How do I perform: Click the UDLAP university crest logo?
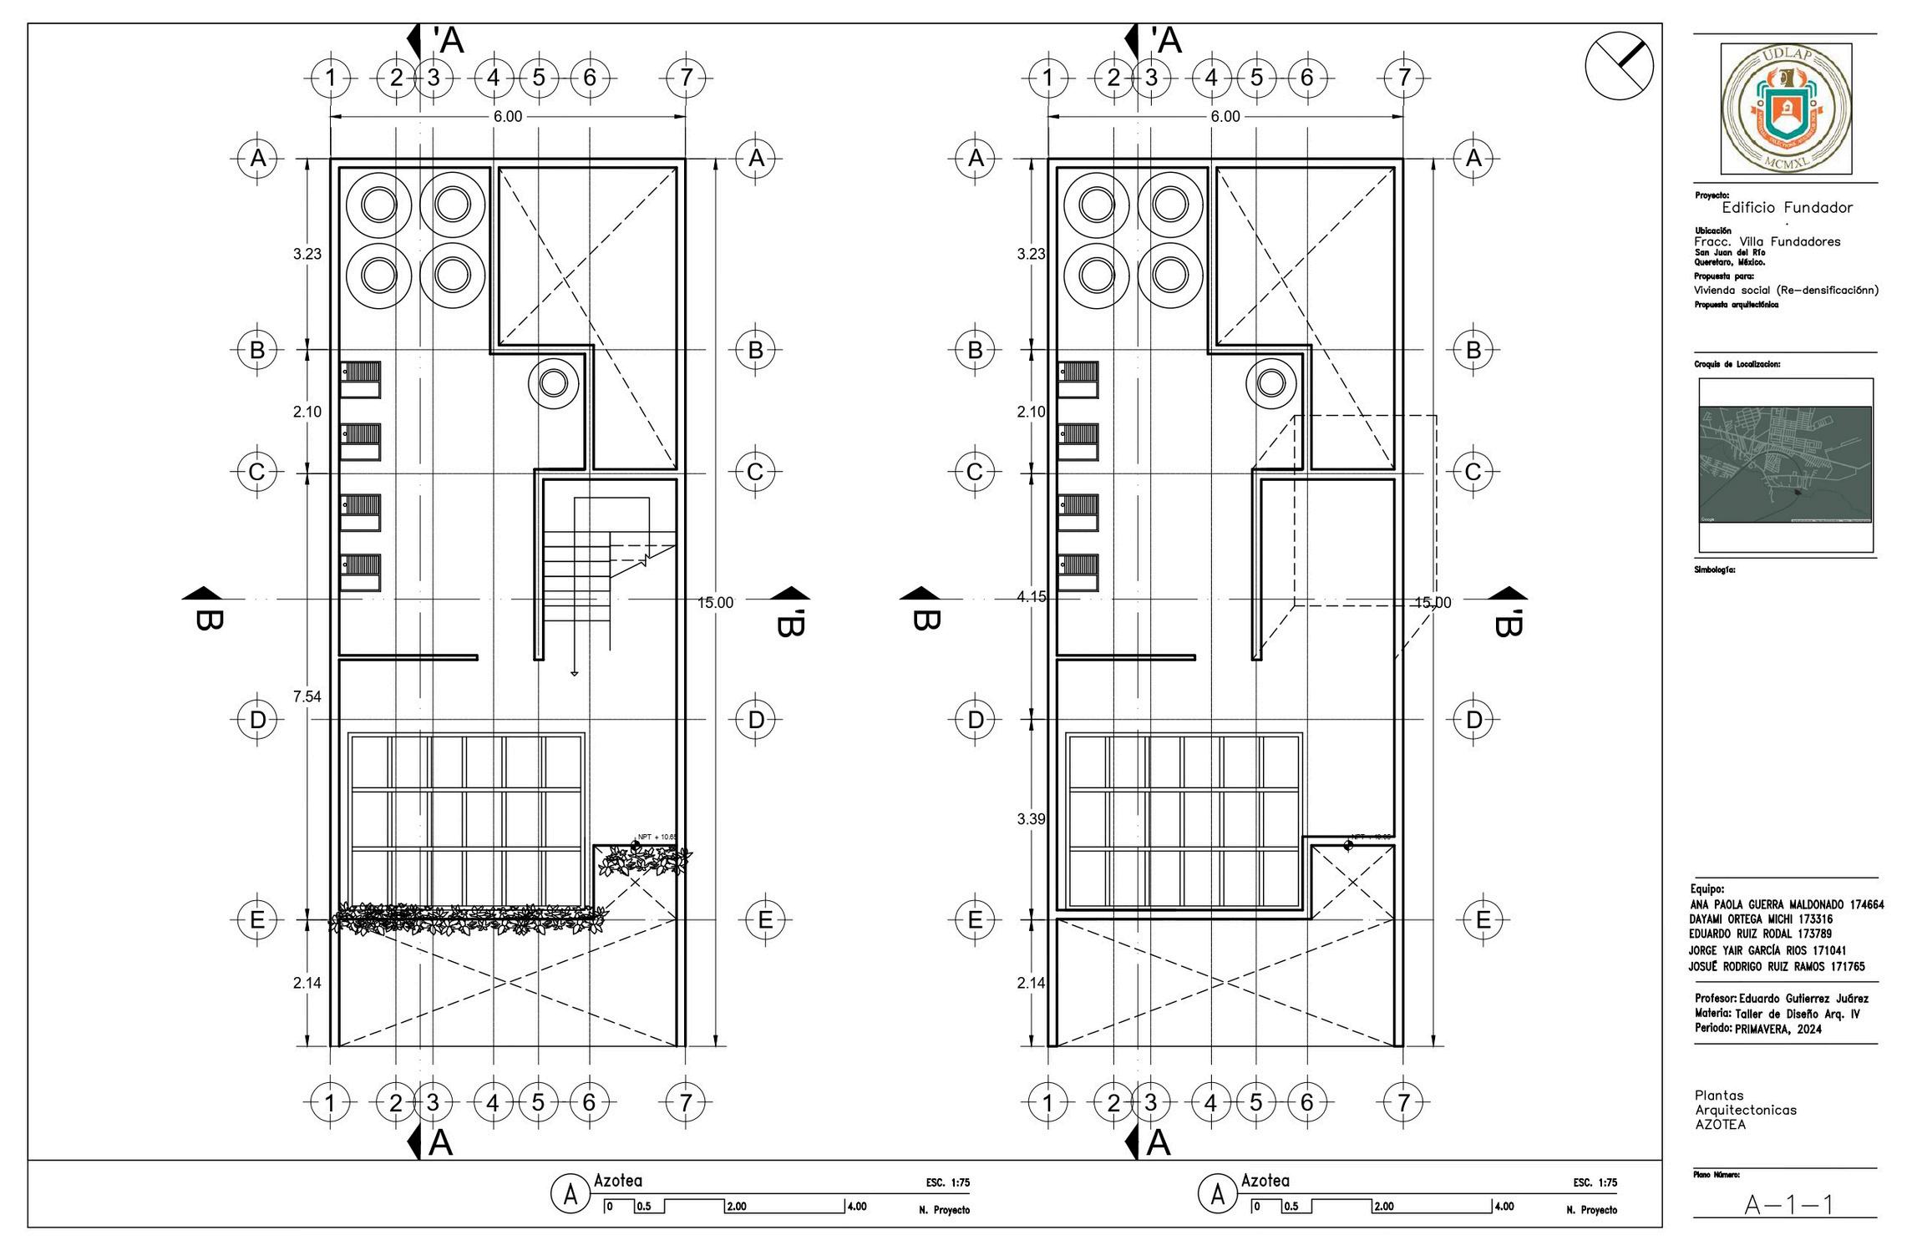click(1785, 109)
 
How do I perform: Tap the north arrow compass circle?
click(1619, 65)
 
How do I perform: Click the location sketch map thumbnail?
click(1785, 464)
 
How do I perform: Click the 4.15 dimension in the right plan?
click(1031, 597)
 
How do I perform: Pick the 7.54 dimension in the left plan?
click(307, 696)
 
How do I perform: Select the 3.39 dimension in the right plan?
click(1031, 819)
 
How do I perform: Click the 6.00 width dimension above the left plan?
click(507, 117)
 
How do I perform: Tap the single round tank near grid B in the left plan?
click(553, 383)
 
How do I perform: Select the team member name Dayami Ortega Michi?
click(1760, 919)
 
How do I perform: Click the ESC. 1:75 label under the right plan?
click(1595, 1182)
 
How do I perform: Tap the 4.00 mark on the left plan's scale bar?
click(856, 1207)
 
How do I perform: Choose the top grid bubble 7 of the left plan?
click(686, 78)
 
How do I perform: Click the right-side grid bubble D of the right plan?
click(1473, 720)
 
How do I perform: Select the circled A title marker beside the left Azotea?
click(571, 1195)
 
